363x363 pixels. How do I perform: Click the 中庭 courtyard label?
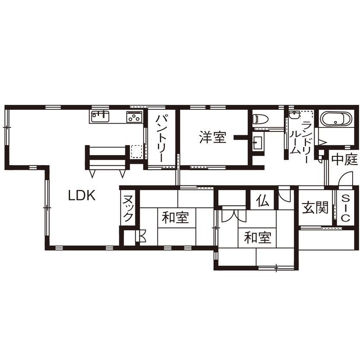(344, 159)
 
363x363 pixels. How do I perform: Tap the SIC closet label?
(345, 208)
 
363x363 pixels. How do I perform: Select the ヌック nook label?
(128, 208)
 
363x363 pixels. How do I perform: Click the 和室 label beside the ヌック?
(175, 217)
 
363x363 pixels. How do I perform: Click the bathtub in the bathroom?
(336, 119)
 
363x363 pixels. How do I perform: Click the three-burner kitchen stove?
(134, 117)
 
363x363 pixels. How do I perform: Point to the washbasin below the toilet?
(258, 143)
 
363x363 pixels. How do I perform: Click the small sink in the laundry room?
(294, 115)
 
